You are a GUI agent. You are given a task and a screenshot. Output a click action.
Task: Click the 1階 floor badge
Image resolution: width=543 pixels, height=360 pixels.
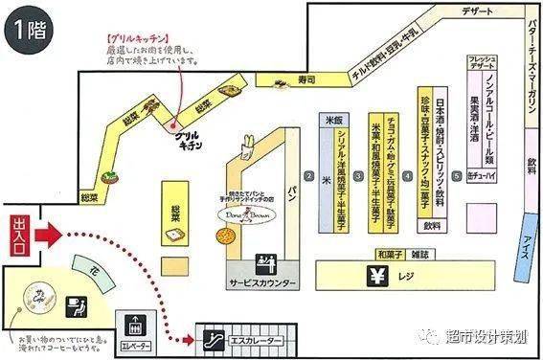31,28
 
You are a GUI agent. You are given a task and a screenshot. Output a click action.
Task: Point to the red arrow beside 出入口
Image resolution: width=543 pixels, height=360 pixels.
53,234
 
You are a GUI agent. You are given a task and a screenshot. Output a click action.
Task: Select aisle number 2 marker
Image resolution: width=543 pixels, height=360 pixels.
309,176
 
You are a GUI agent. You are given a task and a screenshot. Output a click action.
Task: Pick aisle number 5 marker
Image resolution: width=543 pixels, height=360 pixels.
457,176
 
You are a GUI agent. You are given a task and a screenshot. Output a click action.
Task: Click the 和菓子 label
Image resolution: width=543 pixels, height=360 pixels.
387,254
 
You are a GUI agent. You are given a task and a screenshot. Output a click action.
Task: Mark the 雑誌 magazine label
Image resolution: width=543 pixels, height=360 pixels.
420,254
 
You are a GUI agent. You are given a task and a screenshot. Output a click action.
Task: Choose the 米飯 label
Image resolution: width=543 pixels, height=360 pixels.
333,122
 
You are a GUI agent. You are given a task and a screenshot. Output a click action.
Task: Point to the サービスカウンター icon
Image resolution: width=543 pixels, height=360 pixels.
264,263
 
